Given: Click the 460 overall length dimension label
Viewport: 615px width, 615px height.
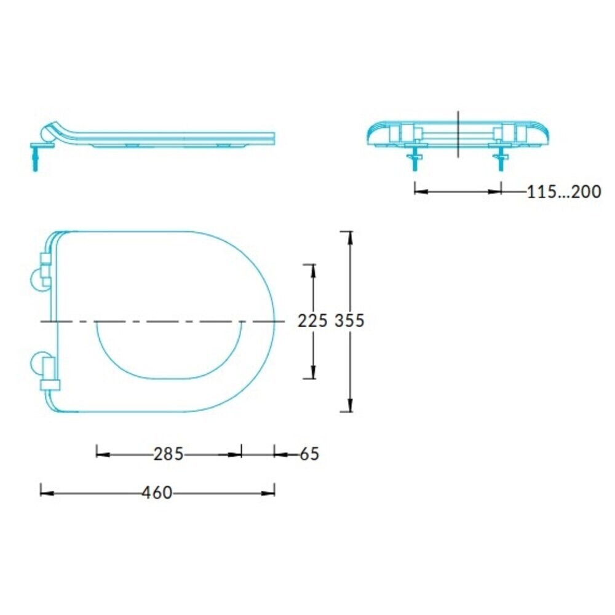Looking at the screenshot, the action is click(x=157, y=493).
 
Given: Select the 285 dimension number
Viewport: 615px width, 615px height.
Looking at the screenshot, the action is click(x=169, y=454).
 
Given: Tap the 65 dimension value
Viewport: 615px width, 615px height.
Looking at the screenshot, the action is click(x=309, y=454).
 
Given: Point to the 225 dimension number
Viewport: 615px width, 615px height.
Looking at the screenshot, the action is click(x=312, y=321).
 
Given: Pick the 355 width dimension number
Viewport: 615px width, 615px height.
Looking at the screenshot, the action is click(x=349, y=321).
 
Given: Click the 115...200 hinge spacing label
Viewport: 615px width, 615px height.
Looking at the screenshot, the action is click(x=563, y=192).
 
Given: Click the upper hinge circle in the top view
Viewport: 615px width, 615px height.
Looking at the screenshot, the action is click(x=41, y=279).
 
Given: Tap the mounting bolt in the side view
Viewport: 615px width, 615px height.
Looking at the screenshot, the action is click(x=35, y=156).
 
